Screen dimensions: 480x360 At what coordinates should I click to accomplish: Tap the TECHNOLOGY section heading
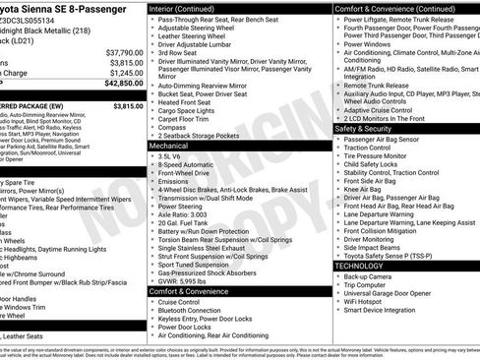click(359, 266)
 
